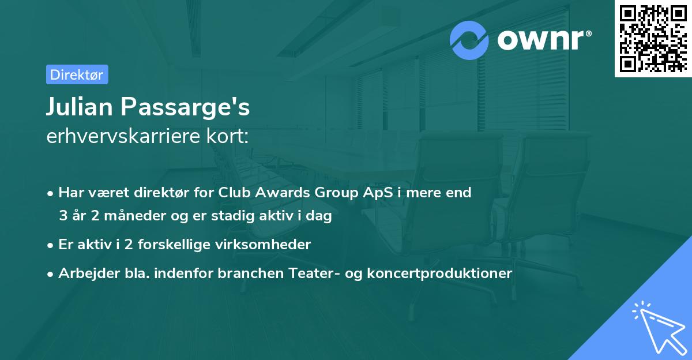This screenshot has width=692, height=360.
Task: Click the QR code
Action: point(653,39)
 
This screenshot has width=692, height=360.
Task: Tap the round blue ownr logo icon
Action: point(469,40)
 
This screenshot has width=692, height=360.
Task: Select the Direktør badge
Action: point(77,74)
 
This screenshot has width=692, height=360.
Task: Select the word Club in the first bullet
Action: point(233,193)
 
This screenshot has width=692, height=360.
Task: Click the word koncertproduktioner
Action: point(438,273)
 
